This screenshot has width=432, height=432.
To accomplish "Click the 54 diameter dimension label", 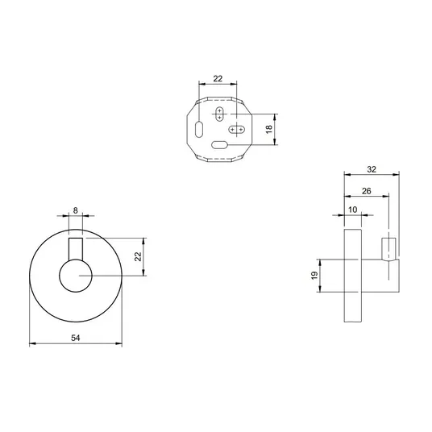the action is coord(76,338).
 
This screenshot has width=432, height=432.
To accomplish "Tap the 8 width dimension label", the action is coord(76,210).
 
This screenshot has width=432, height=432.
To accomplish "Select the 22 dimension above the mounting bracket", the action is coord(218,79).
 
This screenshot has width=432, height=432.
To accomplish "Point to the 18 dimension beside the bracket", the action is coord(269,129).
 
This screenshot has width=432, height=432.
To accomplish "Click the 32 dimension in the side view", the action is coord(372,169).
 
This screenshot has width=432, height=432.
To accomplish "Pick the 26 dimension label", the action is coord(367,191).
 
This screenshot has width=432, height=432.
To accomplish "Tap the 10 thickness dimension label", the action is coord(353,210).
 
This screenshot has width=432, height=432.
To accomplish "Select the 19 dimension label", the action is coord(314,275).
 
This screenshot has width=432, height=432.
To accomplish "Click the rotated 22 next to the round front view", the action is coord(138,256).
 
